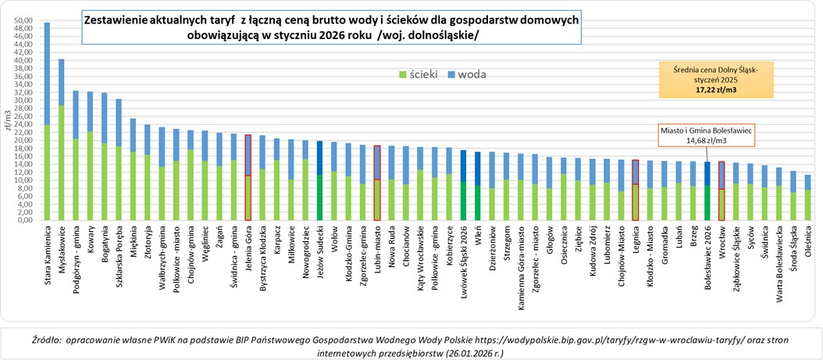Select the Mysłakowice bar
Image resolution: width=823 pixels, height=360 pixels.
coord(62,141)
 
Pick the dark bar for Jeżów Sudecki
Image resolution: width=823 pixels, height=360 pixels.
coord(319,180)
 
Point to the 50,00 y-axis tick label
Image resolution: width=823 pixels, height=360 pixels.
coord(23,20)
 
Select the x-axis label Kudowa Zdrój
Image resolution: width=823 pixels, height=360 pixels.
coord(593,256)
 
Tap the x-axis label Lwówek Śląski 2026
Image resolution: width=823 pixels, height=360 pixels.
coord(463,262)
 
